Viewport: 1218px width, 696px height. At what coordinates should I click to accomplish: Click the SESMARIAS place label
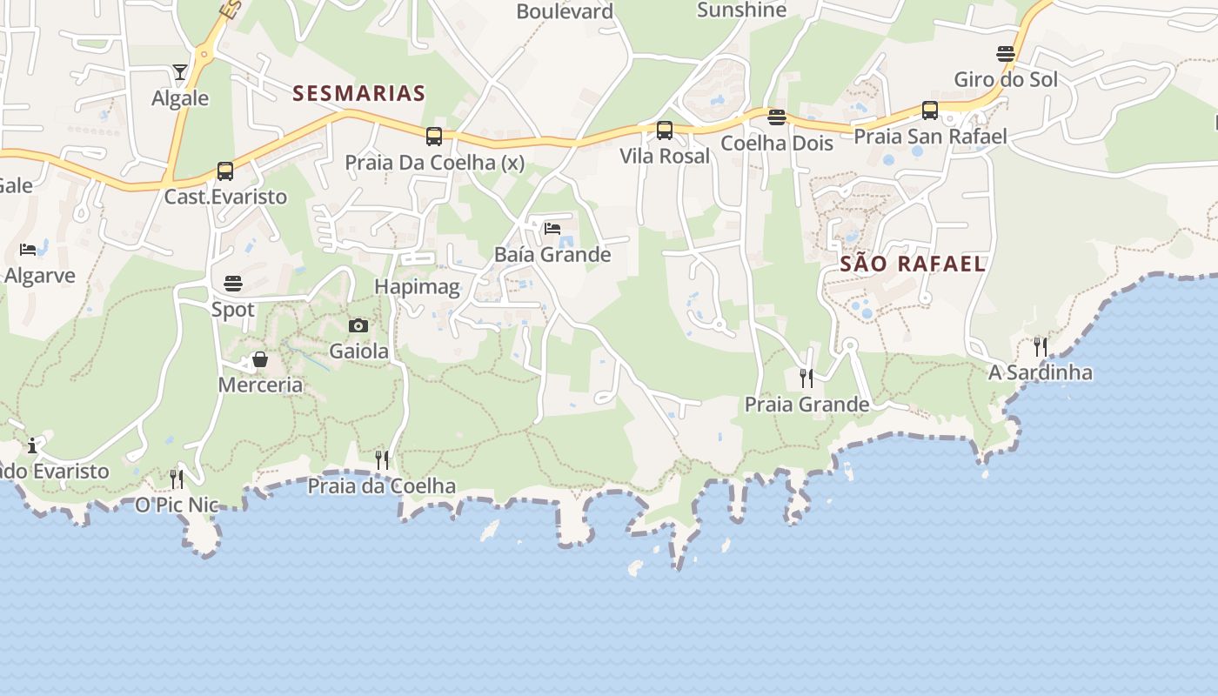[x=358, y=93]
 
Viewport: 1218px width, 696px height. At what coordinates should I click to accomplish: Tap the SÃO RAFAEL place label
[x=913, y=264]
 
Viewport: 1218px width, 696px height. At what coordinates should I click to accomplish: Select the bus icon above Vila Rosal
[x=665, y=131]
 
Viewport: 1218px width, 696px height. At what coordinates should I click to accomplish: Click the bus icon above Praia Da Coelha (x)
[x=434, y=137]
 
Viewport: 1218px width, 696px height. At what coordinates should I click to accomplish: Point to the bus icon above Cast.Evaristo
[x=225, y=171]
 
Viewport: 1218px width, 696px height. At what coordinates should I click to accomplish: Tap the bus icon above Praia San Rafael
[x=930, y=111]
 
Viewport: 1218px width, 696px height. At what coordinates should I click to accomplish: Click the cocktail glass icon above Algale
[x=180, y=72]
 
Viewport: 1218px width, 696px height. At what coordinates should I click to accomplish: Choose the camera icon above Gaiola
[x=358, y=326]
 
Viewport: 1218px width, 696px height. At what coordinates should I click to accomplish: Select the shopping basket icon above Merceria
[x=260, y=359]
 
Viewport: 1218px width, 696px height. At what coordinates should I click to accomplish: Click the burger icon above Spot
[x=233, y=284]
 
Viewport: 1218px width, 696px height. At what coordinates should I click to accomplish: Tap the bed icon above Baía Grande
[x=552, y=230]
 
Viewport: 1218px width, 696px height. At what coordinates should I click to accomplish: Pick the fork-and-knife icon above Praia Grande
[x=806, y=378]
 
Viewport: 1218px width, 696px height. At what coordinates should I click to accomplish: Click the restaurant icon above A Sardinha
[x=1041, y=346]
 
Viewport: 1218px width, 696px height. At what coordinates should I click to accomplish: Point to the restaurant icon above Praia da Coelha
[x=382, y=460]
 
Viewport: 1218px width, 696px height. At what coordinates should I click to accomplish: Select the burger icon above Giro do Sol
[x=1006, y=54]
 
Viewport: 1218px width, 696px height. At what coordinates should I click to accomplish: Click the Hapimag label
[x=417, y=286]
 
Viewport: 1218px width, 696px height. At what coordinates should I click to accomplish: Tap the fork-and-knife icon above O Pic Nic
[x=177, y=479]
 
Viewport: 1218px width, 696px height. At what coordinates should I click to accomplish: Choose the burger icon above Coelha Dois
[x=777, y=117]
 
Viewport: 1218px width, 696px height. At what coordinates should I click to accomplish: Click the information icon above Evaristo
[x=33, y=446]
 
